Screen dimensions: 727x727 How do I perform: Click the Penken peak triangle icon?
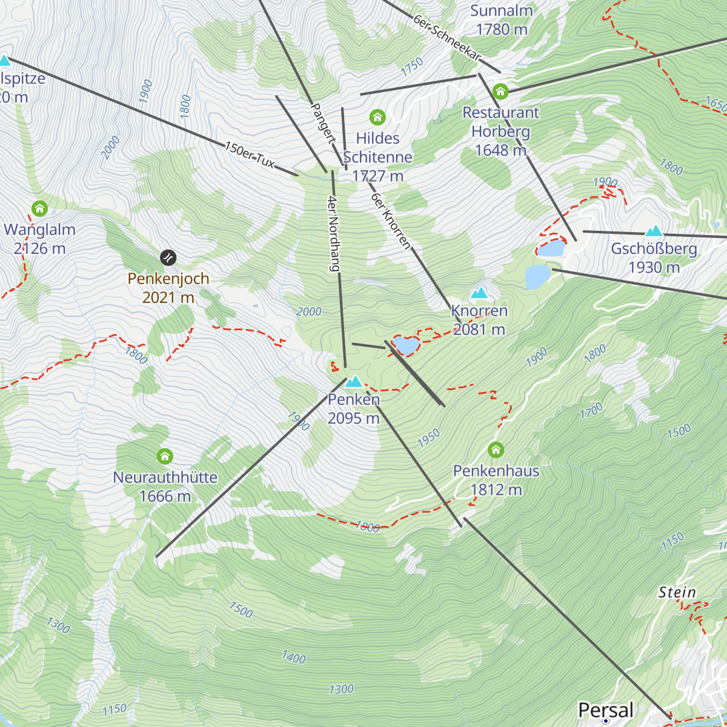(354, 382)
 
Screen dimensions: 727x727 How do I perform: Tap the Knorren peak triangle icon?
(479, 293)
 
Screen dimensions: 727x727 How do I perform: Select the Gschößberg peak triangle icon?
(654, 231)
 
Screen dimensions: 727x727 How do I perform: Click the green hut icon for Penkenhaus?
(496, 450)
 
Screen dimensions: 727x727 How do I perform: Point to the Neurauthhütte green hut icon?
(165, 456)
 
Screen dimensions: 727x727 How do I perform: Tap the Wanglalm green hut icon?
(39, 209)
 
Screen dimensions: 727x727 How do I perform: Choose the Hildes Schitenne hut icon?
(377, 117)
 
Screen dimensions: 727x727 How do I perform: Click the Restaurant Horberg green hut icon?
(500, 91)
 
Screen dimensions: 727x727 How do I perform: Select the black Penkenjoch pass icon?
(168, 257)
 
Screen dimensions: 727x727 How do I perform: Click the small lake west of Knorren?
(405, 345)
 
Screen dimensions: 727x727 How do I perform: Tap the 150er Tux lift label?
(250, 155)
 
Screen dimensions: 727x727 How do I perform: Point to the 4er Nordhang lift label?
(333, 233)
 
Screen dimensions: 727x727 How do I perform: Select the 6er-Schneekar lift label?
(447, 38)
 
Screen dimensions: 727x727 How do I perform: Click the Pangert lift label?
(322, 123)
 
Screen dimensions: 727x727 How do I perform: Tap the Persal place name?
(605, 710)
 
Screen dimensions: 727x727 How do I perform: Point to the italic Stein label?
(677, 592)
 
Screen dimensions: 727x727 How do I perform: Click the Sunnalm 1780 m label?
(502, 20)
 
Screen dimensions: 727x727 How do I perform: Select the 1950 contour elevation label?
(428, 439)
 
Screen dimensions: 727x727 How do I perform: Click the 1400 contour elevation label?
(294, 657)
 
